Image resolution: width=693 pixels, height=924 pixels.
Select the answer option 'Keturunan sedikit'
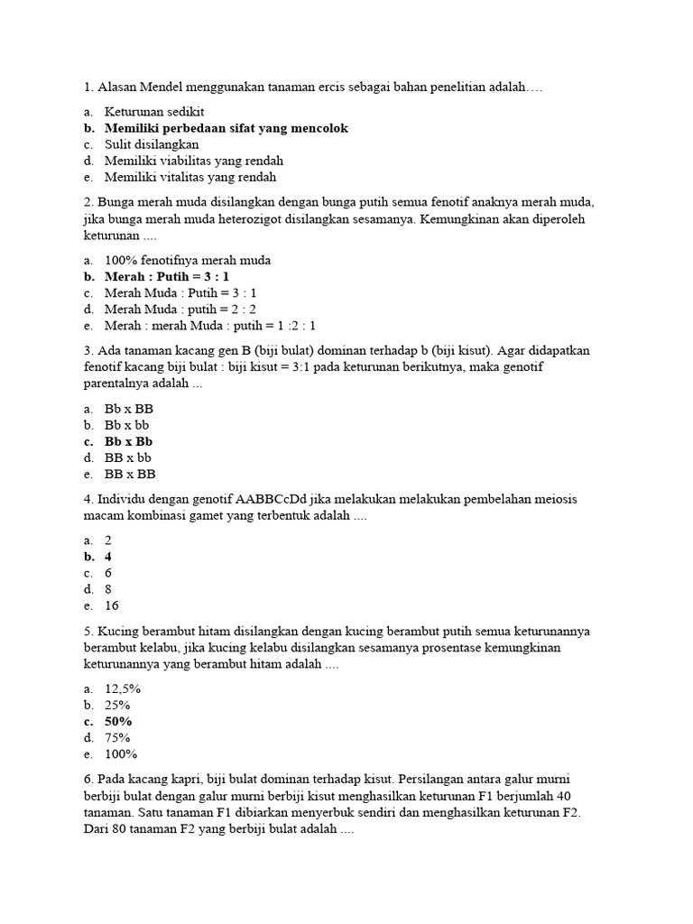pyautogui.click(x=153, y=112)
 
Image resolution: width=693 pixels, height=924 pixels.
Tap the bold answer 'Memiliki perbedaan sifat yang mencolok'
pyautogui.click(x=226, y=128)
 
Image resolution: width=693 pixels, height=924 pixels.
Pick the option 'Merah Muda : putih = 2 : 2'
pyautogui.click(x=180, y=310)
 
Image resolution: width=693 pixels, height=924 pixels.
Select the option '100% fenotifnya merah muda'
pyautogui.click(x=188, y=261)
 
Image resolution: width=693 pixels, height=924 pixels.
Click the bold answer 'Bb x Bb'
pyautogui.click(x=128, y=441)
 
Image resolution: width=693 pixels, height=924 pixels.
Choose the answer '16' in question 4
pyautogui.click(x=112, y=605)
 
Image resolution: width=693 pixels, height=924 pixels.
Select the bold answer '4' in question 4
pyautogui.click(x=108, y=557)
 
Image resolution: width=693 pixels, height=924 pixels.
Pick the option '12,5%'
pyautogui.click(x=123, y=688)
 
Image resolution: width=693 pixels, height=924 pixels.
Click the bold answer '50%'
pyautogui.click(x=118, y=721)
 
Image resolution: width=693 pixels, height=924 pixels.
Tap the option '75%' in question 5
pyautogui.click(x=117, y=737)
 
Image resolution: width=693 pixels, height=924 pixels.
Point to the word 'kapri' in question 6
pyautogui.click(x=180, y=779)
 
